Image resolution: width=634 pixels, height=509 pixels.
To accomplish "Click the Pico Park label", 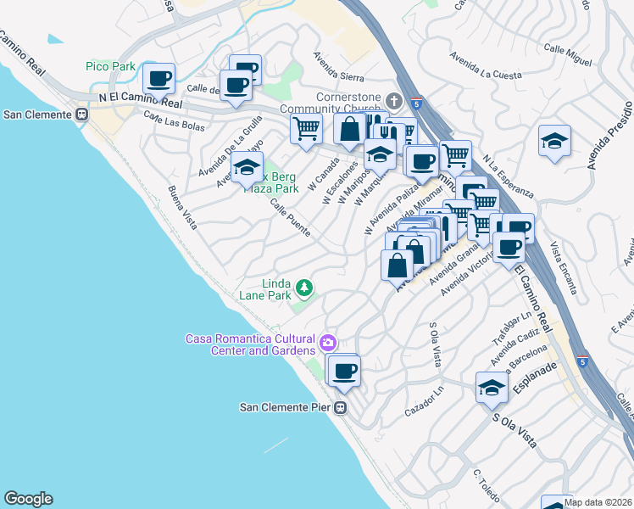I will pyautogui.click(x=109, y=65).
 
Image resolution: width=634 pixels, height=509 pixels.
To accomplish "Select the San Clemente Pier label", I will pyautogui.click(x=285, y=407).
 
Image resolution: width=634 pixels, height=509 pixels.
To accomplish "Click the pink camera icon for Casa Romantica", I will pyautogui.click(x=328, y=344).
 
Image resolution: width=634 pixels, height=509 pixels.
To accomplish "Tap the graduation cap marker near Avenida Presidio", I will pyautogui.click(x=554, y=140).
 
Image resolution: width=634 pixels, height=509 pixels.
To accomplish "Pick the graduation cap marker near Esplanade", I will pyautogui.click(x=492, y=387).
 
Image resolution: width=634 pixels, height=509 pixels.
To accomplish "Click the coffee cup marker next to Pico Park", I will pyautogui.click(x=158, y=78).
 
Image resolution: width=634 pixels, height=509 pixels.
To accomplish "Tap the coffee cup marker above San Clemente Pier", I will pyautogui.click(x=344, y=371).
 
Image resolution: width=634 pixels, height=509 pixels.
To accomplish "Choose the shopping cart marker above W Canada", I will pyautogui.click(x=305, y=128).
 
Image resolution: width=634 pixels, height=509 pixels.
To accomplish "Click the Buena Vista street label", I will pyautogui.click(x=182, y=208).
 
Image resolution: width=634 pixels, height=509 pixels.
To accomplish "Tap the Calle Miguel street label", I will pyautogui.click(x=568, y=54).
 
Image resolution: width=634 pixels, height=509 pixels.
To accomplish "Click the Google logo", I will pyautogui.click(x=28, y=499).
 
